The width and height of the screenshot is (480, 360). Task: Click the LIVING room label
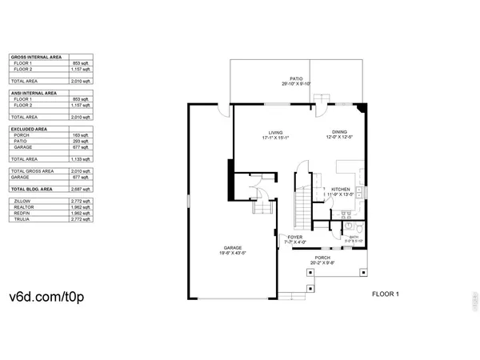[x=276, y=133]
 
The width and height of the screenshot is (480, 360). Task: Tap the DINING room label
[x=339, y=133]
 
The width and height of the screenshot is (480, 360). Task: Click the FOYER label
[x=294, y=238]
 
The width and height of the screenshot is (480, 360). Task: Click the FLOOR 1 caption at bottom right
[x=386, y=294]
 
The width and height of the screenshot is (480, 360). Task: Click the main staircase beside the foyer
[x=299, y=209]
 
